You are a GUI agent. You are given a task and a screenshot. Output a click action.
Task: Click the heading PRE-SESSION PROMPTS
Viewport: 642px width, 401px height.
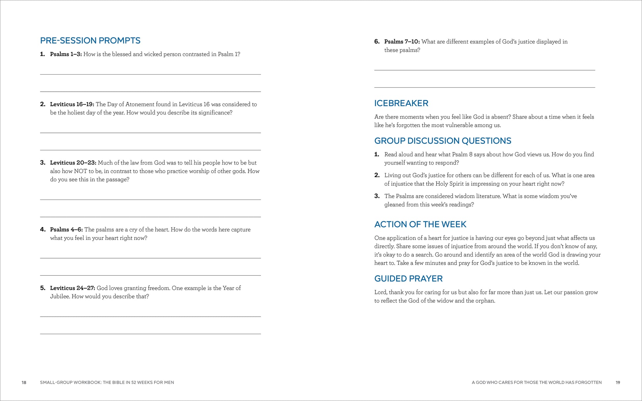(90, 41)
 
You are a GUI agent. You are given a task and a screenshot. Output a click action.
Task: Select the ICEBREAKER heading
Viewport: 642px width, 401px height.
(401, 103)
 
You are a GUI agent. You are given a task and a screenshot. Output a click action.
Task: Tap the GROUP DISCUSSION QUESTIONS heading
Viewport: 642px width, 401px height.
(443, 141)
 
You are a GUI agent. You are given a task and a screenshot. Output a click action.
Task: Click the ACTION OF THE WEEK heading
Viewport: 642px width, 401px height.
(420, 224)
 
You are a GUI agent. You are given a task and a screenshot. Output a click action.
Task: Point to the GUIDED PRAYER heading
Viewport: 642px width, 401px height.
(408, 279)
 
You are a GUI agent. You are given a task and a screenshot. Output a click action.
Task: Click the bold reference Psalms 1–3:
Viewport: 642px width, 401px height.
(66, 54)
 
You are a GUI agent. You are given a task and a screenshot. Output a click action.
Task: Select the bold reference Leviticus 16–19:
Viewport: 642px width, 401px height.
(72, 104)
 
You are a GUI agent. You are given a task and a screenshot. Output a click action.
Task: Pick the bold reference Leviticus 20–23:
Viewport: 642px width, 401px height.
(73, 163)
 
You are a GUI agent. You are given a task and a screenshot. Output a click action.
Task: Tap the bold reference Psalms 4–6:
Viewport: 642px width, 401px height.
(66, 230)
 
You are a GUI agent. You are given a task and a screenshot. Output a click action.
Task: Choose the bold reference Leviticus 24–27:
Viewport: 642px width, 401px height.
(73, 288)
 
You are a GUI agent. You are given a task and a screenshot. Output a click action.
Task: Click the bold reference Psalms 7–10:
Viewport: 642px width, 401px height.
(402, 42)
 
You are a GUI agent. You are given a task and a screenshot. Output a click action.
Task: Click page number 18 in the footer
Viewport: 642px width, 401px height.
(24, 383)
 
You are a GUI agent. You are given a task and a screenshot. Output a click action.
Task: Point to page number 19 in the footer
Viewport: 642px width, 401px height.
(618, 383)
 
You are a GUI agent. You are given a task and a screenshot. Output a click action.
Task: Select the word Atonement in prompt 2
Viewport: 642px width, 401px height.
(137, 104)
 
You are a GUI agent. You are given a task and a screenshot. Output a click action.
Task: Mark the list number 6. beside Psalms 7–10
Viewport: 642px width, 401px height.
(377, 42)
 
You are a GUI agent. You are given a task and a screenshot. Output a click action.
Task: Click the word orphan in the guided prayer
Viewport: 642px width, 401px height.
(485, 301)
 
